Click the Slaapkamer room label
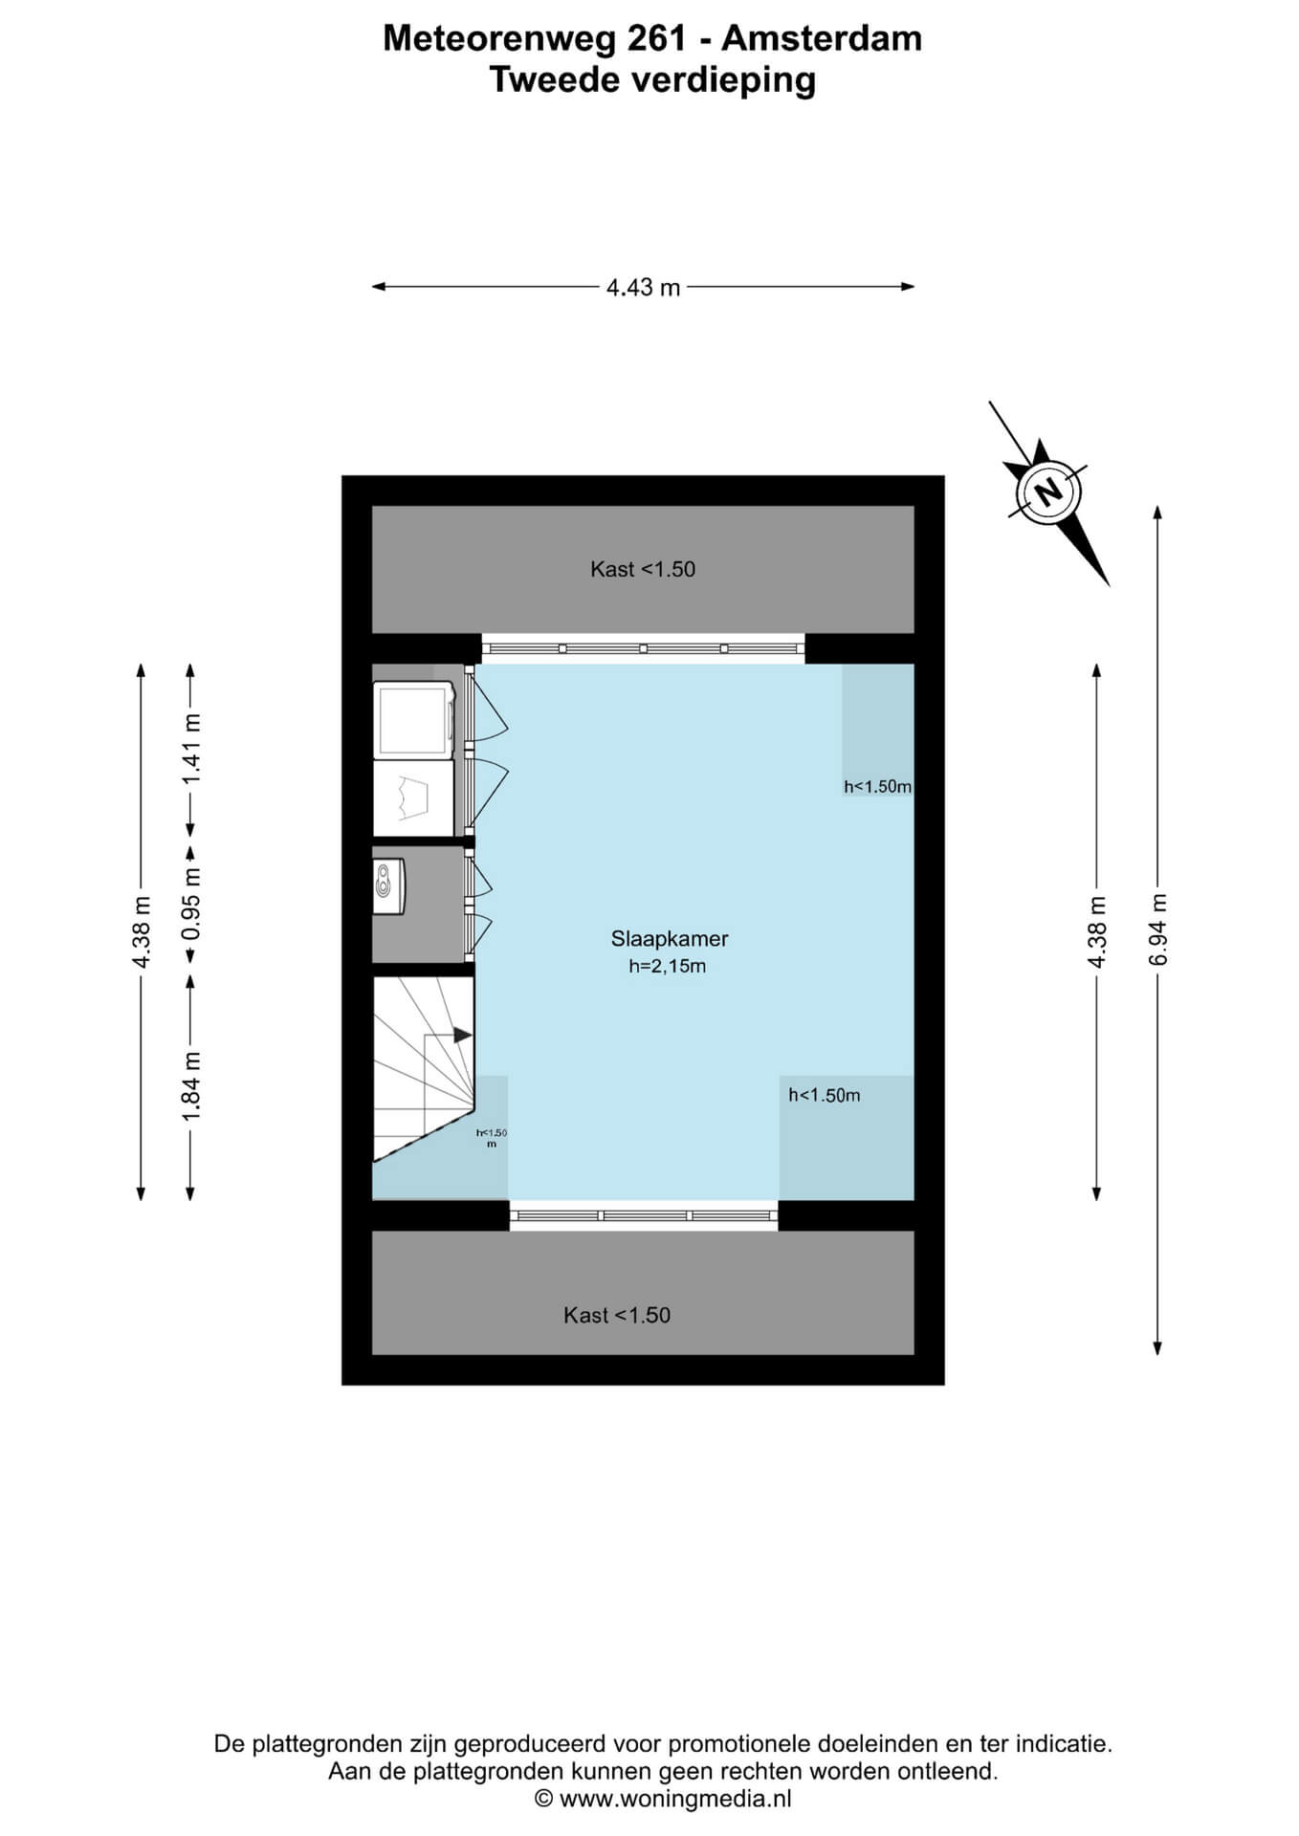point(670,939)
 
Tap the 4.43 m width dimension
point(643,287)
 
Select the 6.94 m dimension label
point(1158,930)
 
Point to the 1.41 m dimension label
point(191,749)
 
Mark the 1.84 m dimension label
point(191,1086)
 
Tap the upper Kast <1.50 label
point(643,570)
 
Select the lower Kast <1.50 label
point(617,1316)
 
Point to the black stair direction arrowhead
point(463,1035)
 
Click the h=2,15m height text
point(668,967)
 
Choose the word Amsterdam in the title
point(822,38)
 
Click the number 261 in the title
point(657,38)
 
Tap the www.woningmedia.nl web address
point(675,1799)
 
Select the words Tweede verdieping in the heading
point(653,80)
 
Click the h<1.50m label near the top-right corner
point(877,787)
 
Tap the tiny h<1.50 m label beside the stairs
point(492,1138)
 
